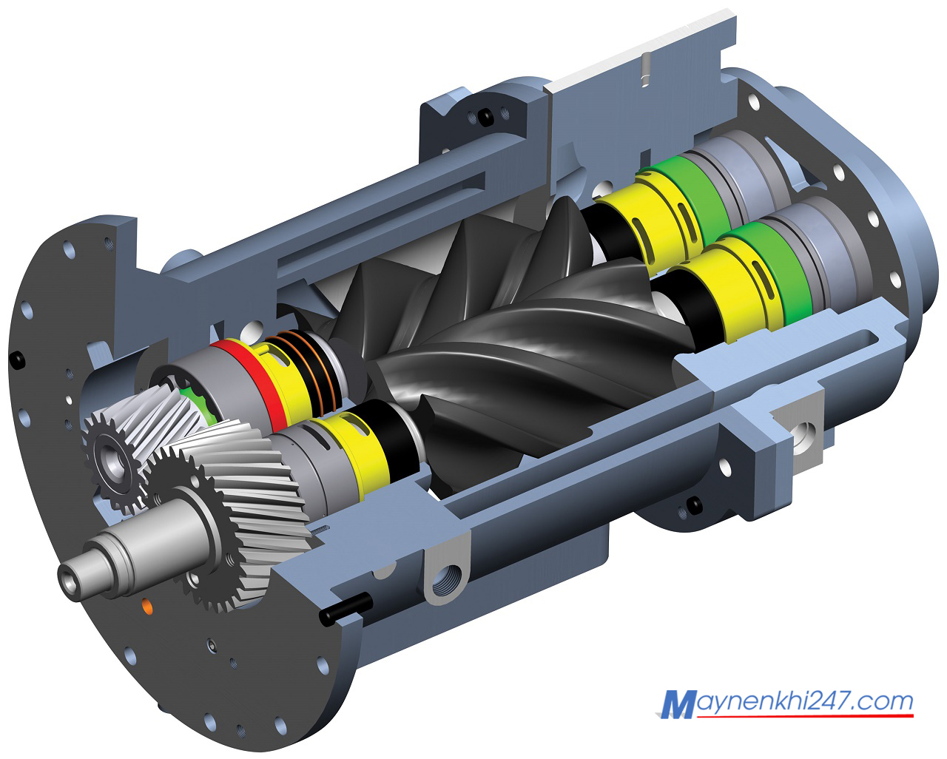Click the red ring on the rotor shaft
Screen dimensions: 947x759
[x=255, y=379]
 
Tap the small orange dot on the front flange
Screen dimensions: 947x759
[x=148, y=607]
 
